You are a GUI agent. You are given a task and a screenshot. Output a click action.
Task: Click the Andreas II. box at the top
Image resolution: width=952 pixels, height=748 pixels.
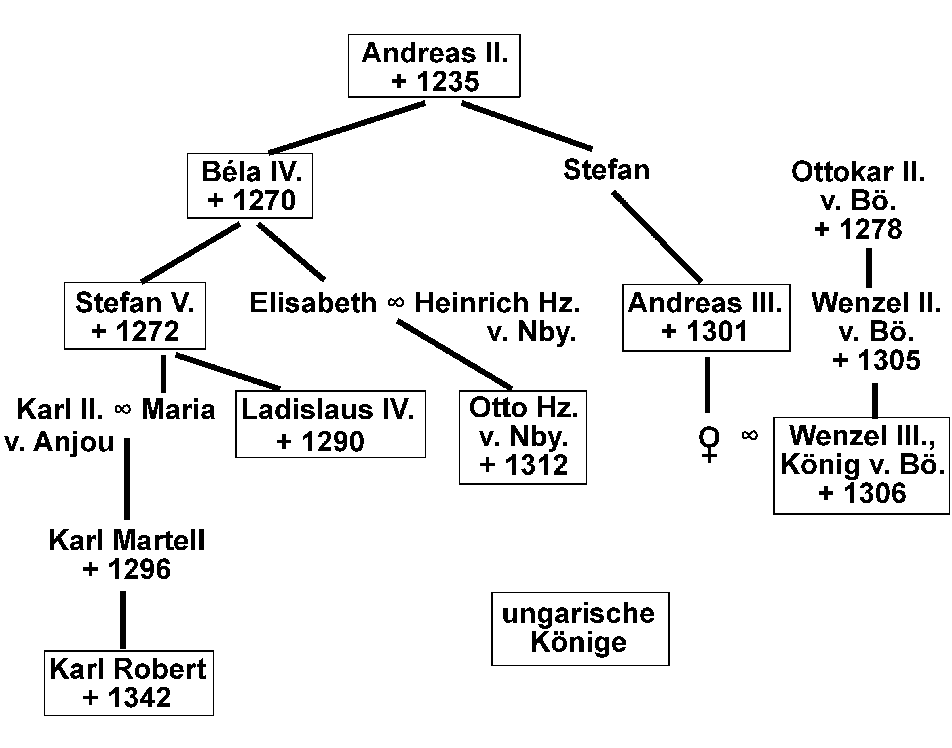pyautogui.click(x=434, y=66)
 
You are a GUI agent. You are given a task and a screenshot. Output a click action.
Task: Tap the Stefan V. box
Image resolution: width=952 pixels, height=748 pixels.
pyautogui.click(x=135, y=315)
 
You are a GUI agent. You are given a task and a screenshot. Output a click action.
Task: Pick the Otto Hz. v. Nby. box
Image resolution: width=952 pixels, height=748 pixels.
pyautogui.click(x=522, y=437)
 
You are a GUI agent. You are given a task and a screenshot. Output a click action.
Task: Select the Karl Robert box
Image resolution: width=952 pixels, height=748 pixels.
pyautogui.click(x=129, y=683)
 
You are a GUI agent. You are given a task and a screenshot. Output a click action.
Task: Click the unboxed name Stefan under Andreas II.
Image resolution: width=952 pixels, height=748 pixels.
pyautogui.click(x=606, y=170)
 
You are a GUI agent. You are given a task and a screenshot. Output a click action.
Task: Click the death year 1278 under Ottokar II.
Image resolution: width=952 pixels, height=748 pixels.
pyautogui.click(x=871, y=229)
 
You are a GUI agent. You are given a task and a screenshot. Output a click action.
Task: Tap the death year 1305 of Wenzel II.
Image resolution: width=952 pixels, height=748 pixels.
pyautogui.click(x=888, y=360)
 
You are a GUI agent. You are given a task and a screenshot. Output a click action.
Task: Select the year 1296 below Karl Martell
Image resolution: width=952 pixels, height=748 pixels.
pyautogui.click(x=139, y=569)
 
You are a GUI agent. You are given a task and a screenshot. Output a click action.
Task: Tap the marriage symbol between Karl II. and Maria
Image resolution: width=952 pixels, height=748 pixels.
pyautogui.click(x=123, y=409)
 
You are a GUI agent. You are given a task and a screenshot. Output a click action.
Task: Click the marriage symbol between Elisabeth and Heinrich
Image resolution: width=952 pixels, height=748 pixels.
pyautogui.click(x=396, y=302)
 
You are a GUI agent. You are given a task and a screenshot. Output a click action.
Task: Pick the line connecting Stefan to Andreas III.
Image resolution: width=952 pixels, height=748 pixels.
pyautogui.click(x=657, y=236)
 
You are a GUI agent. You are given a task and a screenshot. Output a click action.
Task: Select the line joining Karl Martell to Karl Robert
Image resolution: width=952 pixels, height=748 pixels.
pyautogui.click(x=123, y=619)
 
